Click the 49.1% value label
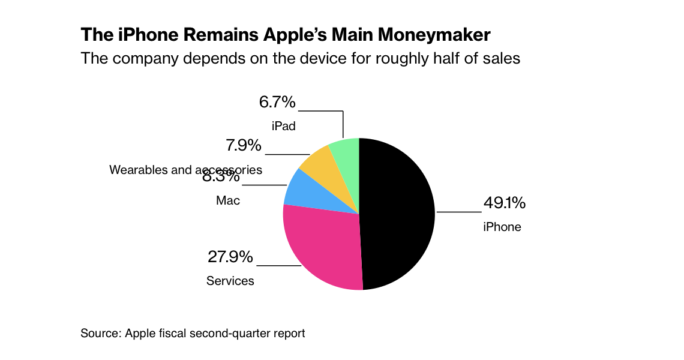(505, 203)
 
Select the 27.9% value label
(230, 257)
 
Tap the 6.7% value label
(277, 103)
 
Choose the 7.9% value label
(244, 146)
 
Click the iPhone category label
(502, 227)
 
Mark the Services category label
(230, 281)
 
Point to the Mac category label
(228, 200)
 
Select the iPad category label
(284, 127)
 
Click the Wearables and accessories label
(185, 170)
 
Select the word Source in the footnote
(100, 333)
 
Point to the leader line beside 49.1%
(459, 212)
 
